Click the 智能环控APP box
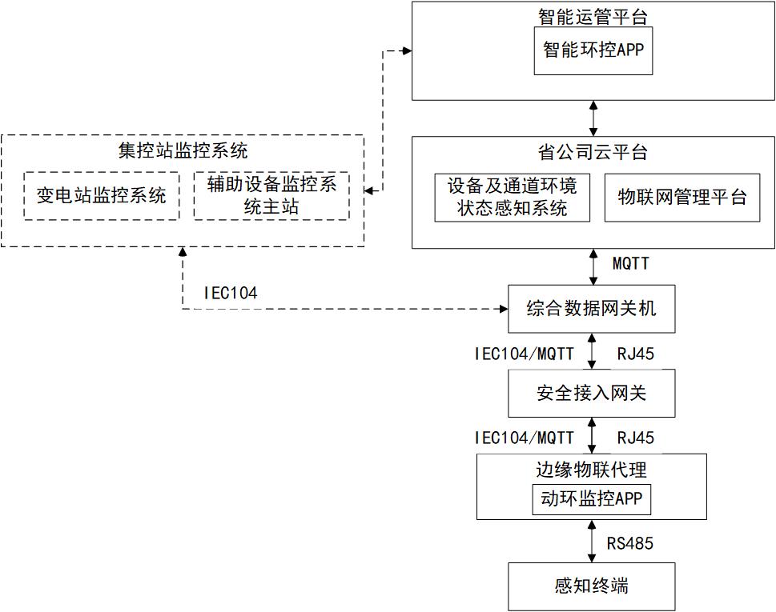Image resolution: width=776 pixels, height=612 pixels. tap(593, 51)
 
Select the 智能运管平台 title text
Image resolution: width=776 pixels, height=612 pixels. tap(593, 16)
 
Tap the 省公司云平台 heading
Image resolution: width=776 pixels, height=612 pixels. tap(593, 152)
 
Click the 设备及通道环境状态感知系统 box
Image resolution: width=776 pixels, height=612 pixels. tap(512, 197)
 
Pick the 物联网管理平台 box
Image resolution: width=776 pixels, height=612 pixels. tap(682, 197)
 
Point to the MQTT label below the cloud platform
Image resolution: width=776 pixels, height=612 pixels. tap(630, 263)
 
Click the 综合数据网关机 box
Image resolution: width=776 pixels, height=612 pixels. tap(591, 308)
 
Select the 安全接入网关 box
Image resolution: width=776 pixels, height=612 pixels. tap(591, 393)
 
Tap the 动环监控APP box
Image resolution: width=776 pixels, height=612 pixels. tap(591, 500)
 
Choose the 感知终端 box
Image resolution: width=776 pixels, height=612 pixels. tap(591, 586)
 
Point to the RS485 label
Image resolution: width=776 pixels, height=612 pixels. tap(629, 544)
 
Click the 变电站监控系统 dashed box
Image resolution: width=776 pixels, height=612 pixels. tap(102, 195)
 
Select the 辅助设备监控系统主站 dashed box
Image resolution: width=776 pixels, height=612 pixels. tap(271, 195)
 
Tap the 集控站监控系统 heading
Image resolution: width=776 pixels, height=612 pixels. tap(183, 151)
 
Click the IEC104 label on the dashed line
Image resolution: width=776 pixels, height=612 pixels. tap(231, 294)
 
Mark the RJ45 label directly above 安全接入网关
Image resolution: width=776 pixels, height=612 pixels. tap(635, 353)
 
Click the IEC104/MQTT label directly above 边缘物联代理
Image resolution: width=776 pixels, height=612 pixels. tap(524, 438)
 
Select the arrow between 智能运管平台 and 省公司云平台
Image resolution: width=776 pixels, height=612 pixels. tap(593, 118)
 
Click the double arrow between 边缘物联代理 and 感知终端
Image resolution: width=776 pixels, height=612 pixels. tap(592, 541)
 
